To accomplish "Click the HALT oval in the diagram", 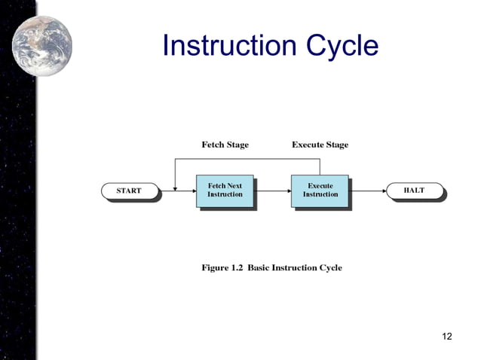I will tap(414, 191).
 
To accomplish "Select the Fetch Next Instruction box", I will tap(225, 191).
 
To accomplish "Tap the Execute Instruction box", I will tap(320, 191).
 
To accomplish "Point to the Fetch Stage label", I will tap(225, 145).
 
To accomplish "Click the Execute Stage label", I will tap(320, 145).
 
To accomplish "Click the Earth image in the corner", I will tap(42, 45).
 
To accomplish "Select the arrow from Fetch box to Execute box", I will tap(271, 191).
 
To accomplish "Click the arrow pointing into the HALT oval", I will tap(369, 191).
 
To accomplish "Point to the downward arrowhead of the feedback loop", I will tap(174, 188).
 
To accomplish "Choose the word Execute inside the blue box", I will tap(320, 185).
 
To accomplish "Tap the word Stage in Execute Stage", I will tap(336, 145).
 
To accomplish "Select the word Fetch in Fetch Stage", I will tap(213, 145).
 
